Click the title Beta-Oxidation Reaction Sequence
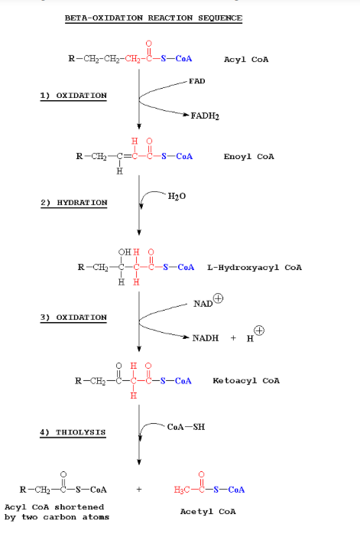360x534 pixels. click(x=153, y=18)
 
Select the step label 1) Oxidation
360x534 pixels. click(x=73, y=96)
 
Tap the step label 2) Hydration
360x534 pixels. click(x=73, y=202)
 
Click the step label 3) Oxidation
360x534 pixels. click(x=73, y=317)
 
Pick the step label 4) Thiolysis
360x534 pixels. click(x=73, y=432)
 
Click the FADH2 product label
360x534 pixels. click(x=206, y=116)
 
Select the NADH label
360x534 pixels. click(x=205, y=337)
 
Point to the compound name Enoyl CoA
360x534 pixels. click(x=248, y=157)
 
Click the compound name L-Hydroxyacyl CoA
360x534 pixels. click(x=255, y=268)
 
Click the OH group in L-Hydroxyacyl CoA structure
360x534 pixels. click(x=124, y=253)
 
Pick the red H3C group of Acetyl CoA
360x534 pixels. click(x=181, y=489)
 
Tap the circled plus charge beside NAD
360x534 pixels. click(x=218, y=299)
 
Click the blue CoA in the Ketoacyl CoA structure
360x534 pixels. click(x=183, y=380)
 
